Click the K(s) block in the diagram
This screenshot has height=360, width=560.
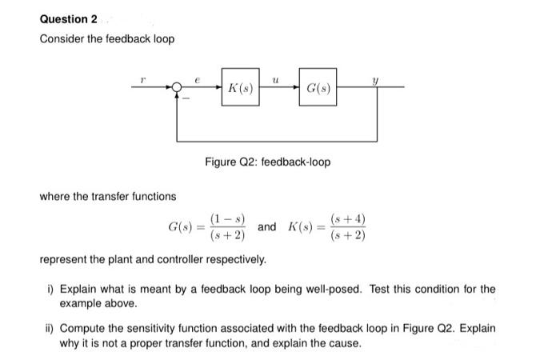click(241, 86)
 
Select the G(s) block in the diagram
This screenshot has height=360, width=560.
click(318, 86)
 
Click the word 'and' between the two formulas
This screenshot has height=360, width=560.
click(267, 227)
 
